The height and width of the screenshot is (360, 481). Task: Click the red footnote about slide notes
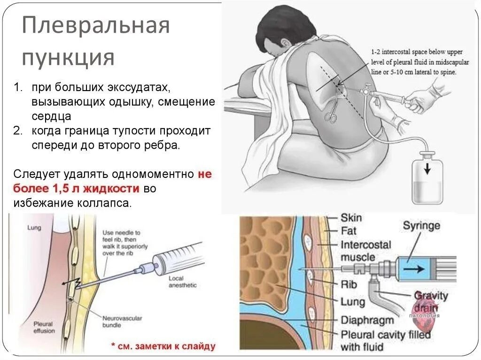click(x=163, y=346)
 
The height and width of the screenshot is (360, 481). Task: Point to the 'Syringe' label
click(x=421, y=225)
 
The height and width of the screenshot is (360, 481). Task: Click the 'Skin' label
click(x=351, y=218)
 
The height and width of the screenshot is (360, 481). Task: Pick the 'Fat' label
click(x=349, y=231)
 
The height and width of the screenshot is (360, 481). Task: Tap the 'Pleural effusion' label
click(x=44, y=327)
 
